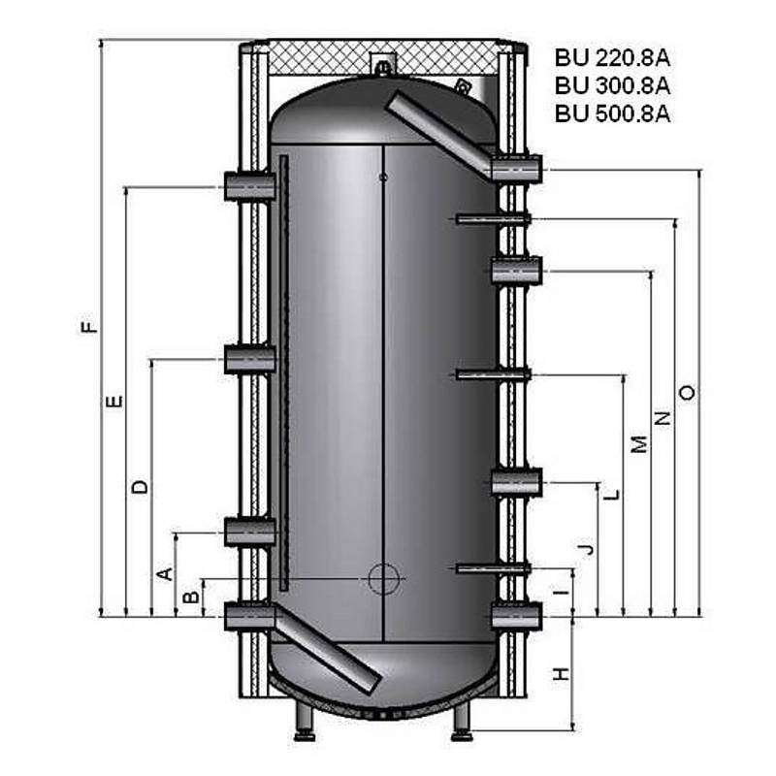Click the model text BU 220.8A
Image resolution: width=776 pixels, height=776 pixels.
pyautogui.click(x=613, y=56)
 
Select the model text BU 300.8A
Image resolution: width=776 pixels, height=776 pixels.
pyautogui.click(x=613, y=84)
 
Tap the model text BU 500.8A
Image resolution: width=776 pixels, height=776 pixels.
pyautogui.click(x=613, y=113)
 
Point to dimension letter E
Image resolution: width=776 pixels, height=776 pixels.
pyautogui.click(x=115, y=400)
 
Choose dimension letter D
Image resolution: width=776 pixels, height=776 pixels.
pyautogui.click(x=141, y=486)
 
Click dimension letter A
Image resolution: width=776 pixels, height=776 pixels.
pyautogui.click(x=166, y=574)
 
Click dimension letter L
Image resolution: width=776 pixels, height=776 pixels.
pyautogui.click(x=610, y=494)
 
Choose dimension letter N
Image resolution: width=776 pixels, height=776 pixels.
pyautogui.click(x=663, y=418)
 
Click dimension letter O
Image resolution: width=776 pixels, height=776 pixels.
pyautogui.click(x=687, y=392)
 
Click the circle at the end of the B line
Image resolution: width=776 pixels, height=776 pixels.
pyautogui.click(x=382, y=579)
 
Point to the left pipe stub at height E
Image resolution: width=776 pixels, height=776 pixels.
pyautogui.click(x=249, y=186)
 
